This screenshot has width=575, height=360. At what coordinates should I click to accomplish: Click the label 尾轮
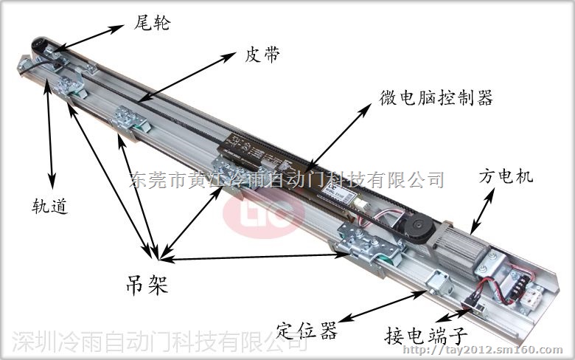pos(152,23)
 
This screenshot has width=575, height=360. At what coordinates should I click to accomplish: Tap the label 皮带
pos(262,55)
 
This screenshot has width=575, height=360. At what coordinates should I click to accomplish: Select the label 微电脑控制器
pos(436,97)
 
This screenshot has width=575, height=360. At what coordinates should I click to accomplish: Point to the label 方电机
pos(506,176)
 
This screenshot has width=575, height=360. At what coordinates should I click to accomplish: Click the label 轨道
pos(50,206)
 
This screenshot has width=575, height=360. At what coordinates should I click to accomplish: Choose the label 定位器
pos(306,330)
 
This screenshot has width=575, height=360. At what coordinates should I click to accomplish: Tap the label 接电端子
pos(426,335)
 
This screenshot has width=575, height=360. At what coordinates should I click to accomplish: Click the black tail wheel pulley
pos(40,44)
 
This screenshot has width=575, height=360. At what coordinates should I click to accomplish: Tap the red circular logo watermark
pos(264,215)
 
